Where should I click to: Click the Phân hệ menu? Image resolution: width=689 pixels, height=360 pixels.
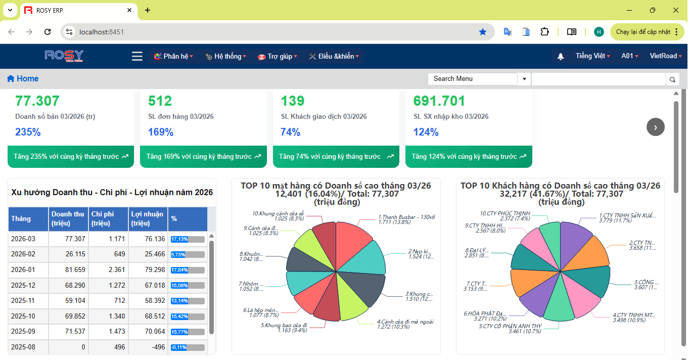[x=173, y=57]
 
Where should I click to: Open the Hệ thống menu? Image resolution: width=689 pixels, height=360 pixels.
[x=226, y=57]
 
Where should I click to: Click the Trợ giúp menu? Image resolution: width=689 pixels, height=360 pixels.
[x=278, y=57]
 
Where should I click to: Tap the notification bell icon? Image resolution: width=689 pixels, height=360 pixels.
[x=561, y=57]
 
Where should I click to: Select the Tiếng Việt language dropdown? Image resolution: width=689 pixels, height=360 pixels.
[x=592, y=56]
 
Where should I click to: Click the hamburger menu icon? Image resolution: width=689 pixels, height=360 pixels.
[x=137, y=56]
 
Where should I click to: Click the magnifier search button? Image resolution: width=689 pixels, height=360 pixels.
[x=672, y=79]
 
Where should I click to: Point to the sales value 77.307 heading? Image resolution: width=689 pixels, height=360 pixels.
[x=37, y=101]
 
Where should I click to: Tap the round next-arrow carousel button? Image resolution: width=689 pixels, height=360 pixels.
[x=656, y=127]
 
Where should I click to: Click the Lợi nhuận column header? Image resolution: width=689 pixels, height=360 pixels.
[x=147, y=218]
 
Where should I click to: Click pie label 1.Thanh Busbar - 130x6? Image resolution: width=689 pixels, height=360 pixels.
[x=406, y=217]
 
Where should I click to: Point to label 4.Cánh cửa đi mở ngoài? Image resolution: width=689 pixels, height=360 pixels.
[x=405, y=322]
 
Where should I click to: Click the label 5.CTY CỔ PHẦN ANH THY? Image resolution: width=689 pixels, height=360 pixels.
[x=510, y=326]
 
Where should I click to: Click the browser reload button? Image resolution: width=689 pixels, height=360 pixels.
[x=48, y=32]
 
